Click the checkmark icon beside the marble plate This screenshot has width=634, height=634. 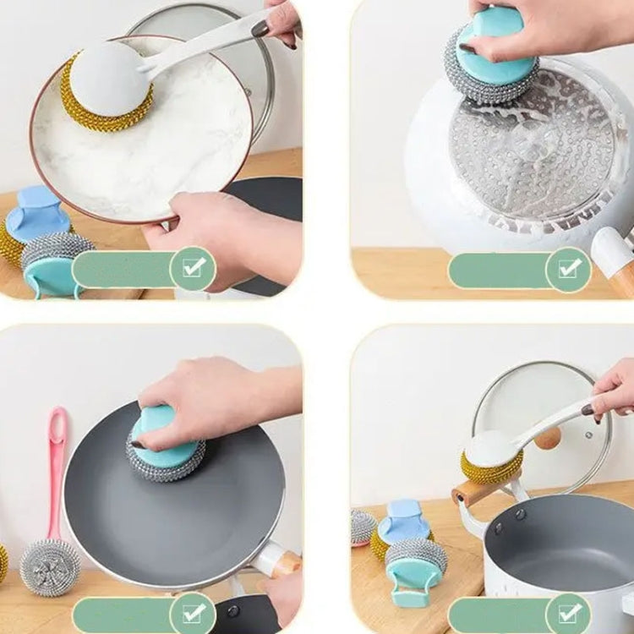194,268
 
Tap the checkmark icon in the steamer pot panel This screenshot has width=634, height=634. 569,269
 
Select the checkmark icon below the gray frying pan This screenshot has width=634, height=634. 194,613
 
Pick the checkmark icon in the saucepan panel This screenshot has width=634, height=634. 569,613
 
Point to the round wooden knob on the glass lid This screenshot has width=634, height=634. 548,438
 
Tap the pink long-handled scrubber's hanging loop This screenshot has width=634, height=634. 57,427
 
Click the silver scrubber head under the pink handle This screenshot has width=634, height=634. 50,567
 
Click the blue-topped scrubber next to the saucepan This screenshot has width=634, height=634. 402,524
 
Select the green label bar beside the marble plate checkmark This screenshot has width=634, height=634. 122,269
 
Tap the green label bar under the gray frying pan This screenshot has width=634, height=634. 122,614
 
